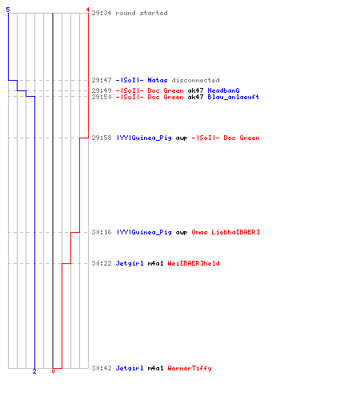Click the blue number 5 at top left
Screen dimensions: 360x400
click(8, 10)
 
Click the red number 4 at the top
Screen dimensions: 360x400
click(87, 10)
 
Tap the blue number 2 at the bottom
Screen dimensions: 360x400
click(34, 371)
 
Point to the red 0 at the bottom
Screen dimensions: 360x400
click(53, 371)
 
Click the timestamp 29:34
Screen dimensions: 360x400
click(102, 13)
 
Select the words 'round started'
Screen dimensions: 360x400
click(142, 13)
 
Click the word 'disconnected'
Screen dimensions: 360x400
click(195, 80)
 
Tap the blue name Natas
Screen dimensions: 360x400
click(158, 80)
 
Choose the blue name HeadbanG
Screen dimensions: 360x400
click(223, 90)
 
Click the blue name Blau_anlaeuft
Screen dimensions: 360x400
click(234, 97)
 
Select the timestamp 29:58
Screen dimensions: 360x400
click(102, 138)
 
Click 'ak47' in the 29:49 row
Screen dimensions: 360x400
click(195, 90)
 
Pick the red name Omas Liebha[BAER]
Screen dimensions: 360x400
click(226, 232)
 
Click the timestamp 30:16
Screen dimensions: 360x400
click(102, 232)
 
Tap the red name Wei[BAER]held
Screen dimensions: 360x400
click(194, 263)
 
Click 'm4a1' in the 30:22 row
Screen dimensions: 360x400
click(155, 263)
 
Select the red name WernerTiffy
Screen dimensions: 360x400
click(190, 368)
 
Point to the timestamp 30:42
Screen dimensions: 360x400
click(102, 368)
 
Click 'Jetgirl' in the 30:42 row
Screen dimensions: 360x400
click(130, 368)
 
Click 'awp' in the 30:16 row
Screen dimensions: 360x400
click(182, 233)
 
